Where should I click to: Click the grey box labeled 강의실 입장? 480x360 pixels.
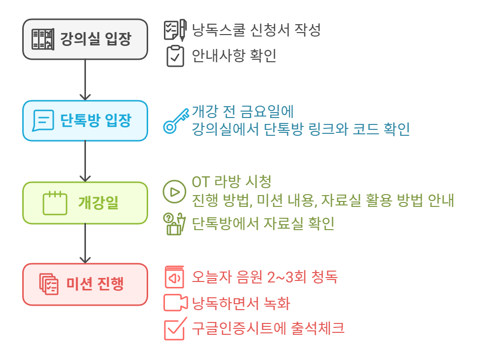85,39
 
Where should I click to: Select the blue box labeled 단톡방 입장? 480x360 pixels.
85,120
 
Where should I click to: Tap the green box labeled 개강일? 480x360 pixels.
85,202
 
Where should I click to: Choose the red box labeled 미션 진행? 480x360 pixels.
85,284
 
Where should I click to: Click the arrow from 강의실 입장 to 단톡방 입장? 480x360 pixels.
85,80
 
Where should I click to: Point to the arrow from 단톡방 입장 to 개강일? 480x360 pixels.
85,161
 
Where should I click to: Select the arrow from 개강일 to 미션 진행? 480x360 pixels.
85,243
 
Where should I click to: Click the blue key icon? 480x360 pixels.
176,121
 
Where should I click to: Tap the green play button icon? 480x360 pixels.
174,192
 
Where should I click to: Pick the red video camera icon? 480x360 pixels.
175,303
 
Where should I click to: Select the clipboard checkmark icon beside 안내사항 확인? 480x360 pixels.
175,56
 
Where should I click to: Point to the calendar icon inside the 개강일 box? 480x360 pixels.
55,203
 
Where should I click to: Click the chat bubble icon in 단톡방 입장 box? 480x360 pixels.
43,120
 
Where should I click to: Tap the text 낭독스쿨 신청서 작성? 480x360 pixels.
256,30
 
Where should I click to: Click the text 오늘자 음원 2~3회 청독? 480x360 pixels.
265,277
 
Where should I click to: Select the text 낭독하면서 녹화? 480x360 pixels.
241,303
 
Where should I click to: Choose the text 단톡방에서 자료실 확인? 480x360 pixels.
263,224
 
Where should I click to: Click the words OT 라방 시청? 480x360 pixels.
232,182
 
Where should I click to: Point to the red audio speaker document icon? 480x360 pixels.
174,277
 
